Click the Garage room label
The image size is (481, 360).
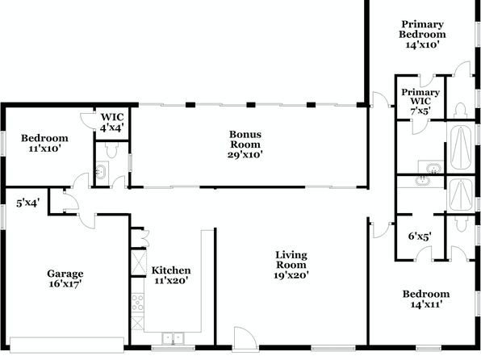point(65,274)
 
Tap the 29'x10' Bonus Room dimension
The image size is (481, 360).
point(245,154)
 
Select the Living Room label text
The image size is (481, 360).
point(291,260)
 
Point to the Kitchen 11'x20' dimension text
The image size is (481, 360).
point(171,281)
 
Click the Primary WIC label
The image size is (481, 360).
point(420,96)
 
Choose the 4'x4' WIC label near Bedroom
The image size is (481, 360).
point(112,127)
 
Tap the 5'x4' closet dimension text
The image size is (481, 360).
point(28,203)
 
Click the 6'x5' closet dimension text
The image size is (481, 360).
point(420,236)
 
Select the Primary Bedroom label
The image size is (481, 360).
point(422,29)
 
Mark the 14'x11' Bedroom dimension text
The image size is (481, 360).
point(426,304)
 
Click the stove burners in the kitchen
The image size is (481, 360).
point(137,303)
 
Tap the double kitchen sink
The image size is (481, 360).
point(173,338)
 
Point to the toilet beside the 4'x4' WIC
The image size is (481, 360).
point(111,150)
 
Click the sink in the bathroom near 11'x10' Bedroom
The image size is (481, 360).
point(101,170)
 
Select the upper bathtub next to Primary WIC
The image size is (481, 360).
point(461,148)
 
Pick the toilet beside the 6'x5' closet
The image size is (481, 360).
point(461,224)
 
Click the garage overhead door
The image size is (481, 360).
point(67,345)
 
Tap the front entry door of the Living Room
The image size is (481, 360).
point(245,337)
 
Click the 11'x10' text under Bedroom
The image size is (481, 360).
point(44,149)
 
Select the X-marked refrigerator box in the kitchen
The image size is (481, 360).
point(139,262)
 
